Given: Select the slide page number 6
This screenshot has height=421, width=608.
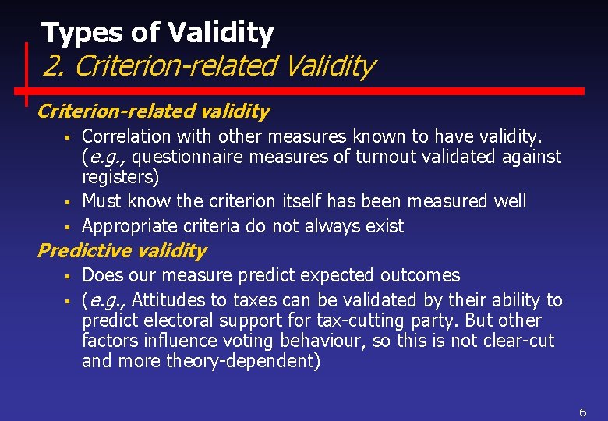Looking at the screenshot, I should (582, 412).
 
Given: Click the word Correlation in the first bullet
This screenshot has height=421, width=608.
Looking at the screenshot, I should (125, 136).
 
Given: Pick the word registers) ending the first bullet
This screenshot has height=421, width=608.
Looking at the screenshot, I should (120, 177).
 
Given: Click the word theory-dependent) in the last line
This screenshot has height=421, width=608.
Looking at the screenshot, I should (242, 361).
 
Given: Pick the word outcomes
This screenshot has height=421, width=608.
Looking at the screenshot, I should (420, 275).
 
